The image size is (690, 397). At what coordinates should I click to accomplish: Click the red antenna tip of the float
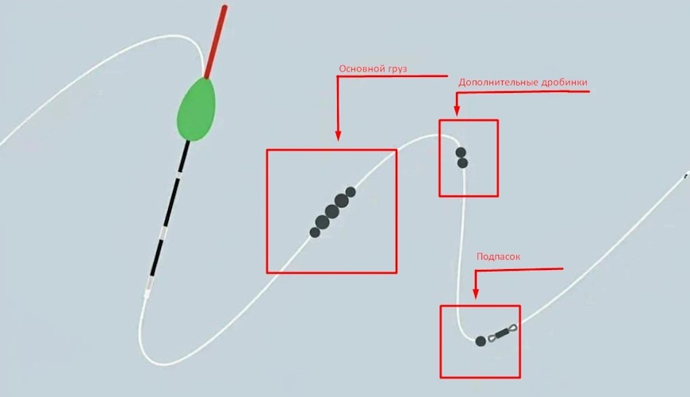[x=216, y=42]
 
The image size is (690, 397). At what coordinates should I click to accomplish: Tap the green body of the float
[x=197, y=110]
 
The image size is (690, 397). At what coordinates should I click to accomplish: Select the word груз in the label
[x=396, y=70]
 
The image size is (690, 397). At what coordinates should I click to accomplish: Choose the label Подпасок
[x=499, y=256]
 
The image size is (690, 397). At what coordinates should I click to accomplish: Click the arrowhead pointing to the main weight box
[x=338, y=135]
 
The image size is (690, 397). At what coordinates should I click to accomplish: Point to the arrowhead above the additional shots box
[x=457, y=110]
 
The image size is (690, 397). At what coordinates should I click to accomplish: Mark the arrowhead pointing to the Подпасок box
[x=476, y=294]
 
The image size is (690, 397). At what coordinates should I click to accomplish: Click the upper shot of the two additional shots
[x=461, y=152]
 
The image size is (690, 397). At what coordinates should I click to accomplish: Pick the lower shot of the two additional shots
[x=462, y=163]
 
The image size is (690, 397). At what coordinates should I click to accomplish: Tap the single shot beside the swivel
[x=481, y=341]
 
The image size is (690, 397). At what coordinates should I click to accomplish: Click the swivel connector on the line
[x=502, y=332]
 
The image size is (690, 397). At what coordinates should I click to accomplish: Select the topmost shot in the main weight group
[x=351, y=192]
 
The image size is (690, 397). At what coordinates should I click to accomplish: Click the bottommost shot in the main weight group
[x=315, y=232]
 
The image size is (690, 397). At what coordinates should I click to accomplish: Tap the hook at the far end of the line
[x=686, y=175]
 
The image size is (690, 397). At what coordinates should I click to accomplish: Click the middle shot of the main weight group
[x=332, y=211]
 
